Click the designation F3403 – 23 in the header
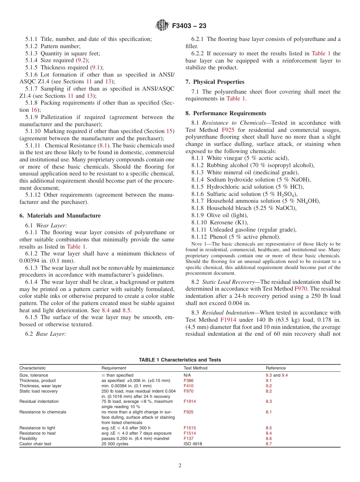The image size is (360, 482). [x=189, y=26]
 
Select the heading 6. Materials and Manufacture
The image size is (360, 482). [x=60, y=216]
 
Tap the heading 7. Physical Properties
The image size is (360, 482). [x=215, y=82]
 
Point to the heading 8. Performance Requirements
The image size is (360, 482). [x=226, y=113]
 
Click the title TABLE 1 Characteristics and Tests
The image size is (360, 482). [x=180, y=360]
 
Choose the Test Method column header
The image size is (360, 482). [x=195, y=368]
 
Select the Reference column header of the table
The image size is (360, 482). [x=275, y=368]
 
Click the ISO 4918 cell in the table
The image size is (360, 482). [x=193, y=444]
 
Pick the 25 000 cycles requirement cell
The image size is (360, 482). [x=115, y=444]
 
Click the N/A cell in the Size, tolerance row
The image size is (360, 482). [x=187, y=375]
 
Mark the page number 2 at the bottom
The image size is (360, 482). [x=180, y=466]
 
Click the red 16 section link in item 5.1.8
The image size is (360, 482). [x=34, y=110]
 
